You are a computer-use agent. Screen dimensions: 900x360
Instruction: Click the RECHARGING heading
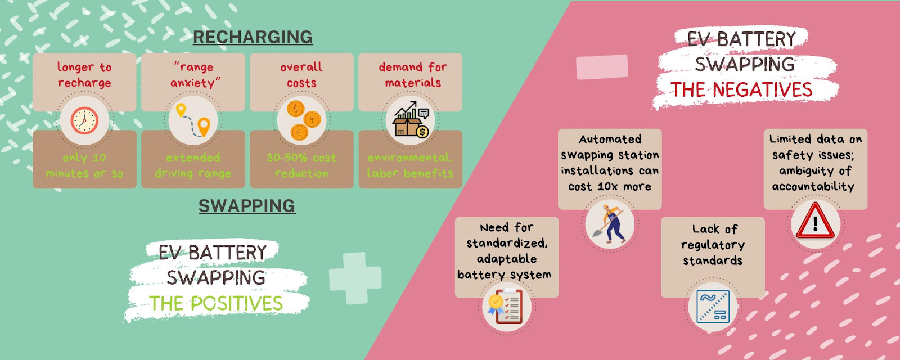(x=253, y=37)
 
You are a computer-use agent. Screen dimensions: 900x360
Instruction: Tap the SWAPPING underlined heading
(x=247, y=206)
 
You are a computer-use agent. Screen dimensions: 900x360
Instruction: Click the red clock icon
(x=84, y=120)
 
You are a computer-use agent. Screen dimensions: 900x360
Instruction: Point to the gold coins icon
(x=303, y=120)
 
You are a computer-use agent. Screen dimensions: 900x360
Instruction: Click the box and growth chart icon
(x=411, y=119)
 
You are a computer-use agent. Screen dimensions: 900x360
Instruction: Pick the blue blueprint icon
(x=713, y=307)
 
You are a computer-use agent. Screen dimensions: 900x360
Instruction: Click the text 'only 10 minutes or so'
(x=84, y=165)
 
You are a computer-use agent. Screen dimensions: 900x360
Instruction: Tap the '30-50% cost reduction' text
(x=301, y=165)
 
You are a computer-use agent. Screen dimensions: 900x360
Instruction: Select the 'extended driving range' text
(x=193, y=165)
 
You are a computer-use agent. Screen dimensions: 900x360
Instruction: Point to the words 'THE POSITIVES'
(x=216, y=303)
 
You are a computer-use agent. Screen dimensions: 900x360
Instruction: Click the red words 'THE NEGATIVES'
(x=741, y=89)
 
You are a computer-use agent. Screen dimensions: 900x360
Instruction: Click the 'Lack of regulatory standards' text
(x=713, y=245)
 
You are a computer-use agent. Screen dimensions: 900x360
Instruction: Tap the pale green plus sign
(x=355, y=278)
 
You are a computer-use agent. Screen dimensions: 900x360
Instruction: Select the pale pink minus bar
(x=602, y=67)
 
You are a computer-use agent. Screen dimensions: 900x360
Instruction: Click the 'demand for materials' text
(x=413, y=75)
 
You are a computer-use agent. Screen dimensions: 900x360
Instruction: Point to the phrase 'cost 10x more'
(x=610, y=186)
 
